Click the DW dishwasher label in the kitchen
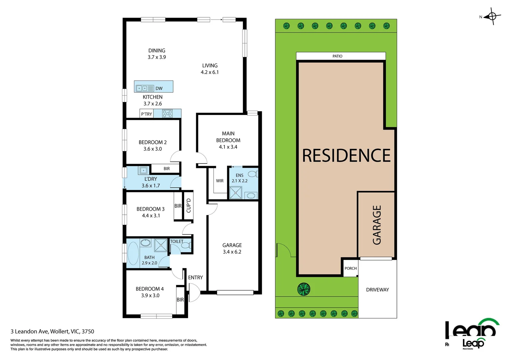[x=159, y=88]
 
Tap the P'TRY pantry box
[x=146, y=114]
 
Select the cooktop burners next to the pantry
[x=167, y=114]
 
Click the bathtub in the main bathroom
[x=133, y=253]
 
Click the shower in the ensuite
[x=235, y=193]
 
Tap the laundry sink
[x=143, y=170]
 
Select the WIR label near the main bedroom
[x=219, y=181]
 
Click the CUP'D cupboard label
[x=188, y=205]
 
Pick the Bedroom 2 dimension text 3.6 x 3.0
[x=152, y=149]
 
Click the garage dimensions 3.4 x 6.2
[x=232, y=252]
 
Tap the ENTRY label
[x=195, y=277]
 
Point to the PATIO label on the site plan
[x=337, y=56]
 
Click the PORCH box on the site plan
[x=351, y=268]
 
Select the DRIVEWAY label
[x=377, y=290]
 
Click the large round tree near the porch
[x=304, y=289]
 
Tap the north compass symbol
[x=492, y=16]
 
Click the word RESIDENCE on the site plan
[x=346, y=156]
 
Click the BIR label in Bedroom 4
[x=180, y=300]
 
